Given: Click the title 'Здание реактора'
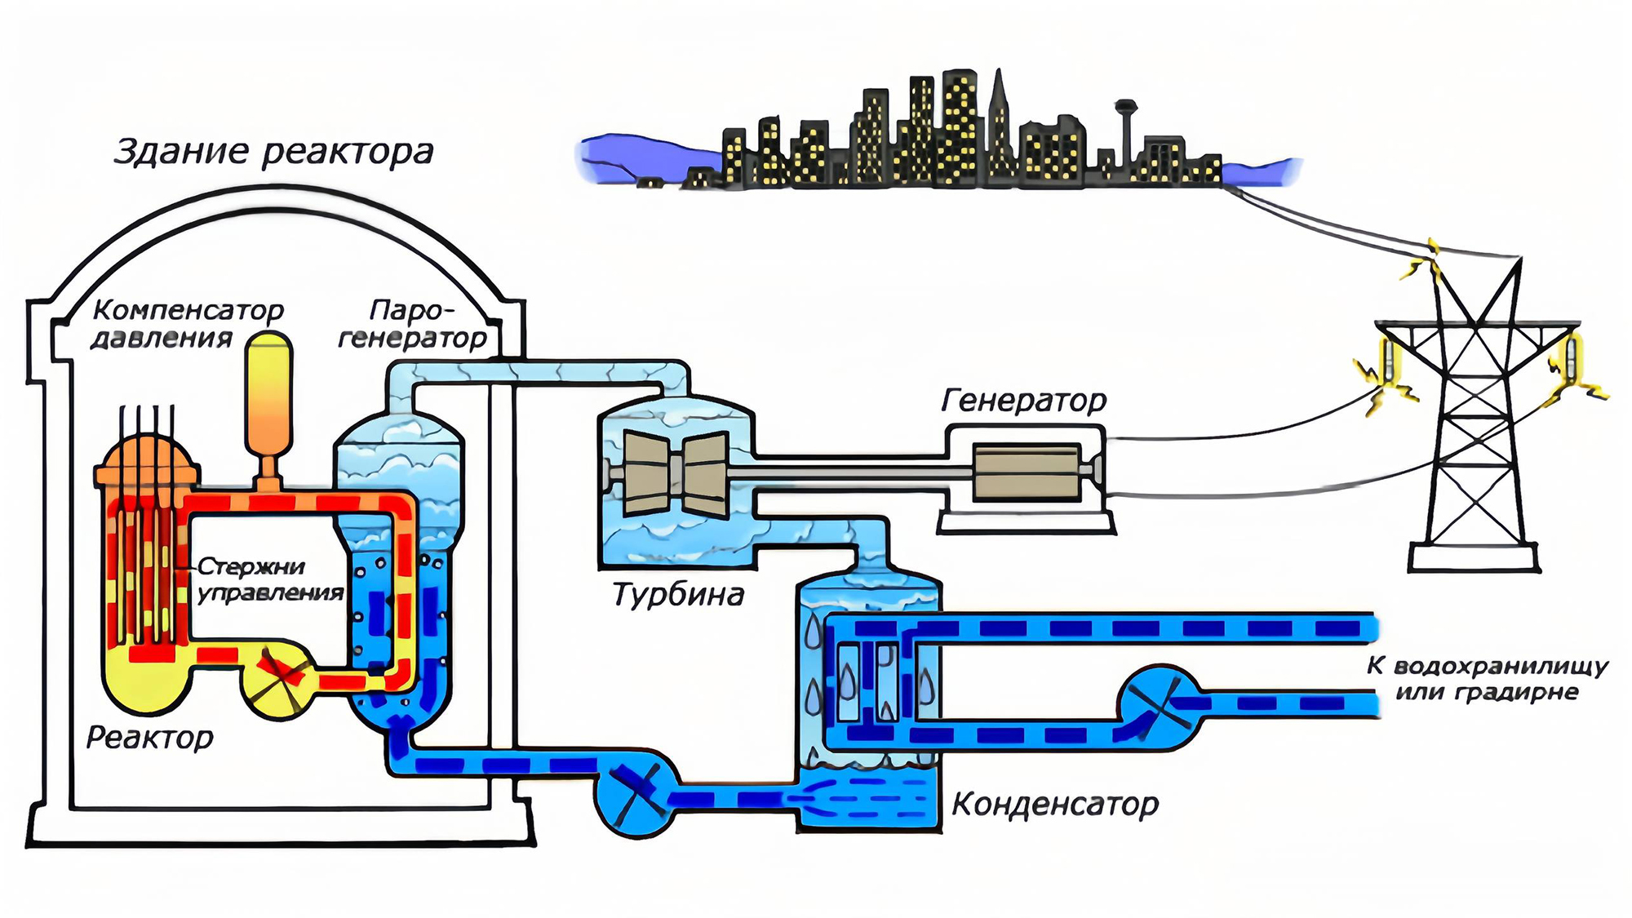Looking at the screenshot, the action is [x=273, y=153].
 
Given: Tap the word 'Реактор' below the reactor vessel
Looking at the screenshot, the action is [x=150, y=738].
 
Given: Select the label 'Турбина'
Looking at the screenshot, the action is [x=678, y=595].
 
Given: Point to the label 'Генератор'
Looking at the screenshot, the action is [x=1024, y=401].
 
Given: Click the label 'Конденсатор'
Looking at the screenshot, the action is [x=1055, y=805].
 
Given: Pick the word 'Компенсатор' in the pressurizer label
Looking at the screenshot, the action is [x=188, y=310].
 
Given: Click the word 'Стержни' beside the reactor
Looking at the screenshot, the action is [x=251, y=566].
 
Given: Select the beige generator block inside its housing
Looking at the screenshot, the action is [x=1026, y=472].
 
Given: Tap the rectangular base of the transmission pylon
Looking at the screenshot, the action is [x=1474, y=558].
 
